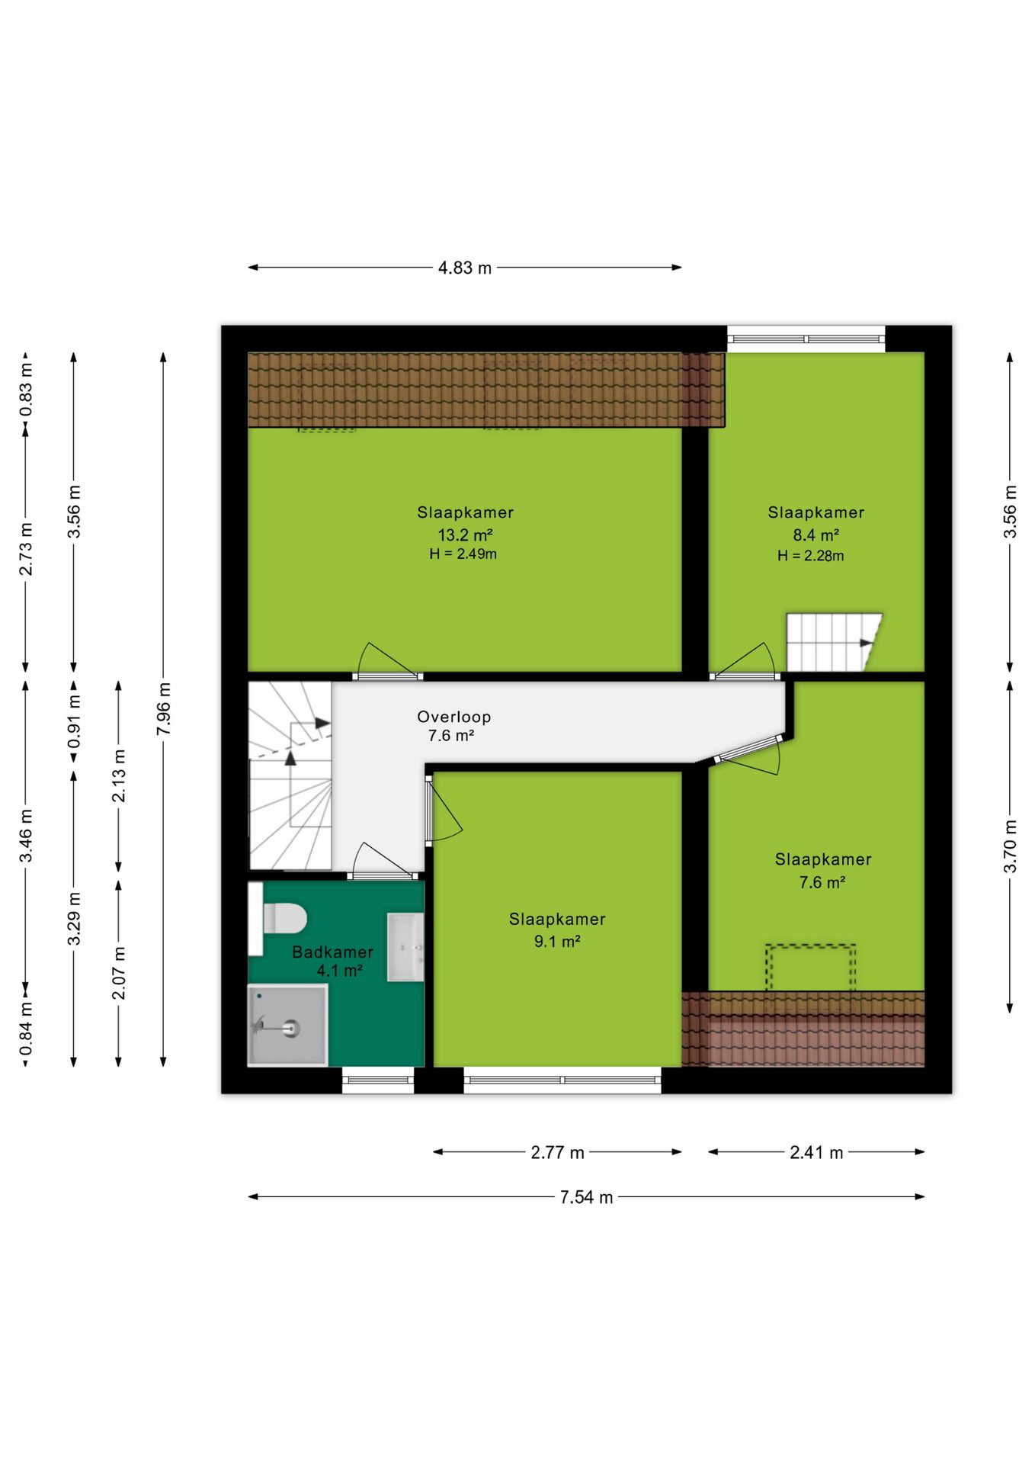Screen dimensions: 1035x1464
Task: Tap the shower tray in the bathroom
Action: [x=287, y=1024]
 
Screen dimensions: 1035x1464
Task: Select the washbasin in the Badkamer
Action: [x=405, y=947]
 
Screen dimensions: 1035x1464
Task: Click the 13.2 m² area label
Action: [x=465, y=535]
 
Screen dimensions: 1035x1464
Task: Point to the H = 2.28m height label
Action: [x=811, y=556]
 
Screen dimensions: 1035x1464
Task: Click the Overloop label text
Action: [x=454, y=717]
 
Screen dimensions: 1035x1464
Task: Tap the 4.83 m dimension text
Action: [x=465, y=268]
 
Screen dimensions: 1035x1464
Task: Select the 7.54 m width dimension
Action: [x=586, y=1197]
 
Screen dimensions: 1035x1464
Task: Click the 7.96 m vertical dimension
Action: [x=164, y=710]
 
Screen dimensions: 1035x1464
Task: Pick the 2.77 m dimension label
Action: [x=557, y=1152]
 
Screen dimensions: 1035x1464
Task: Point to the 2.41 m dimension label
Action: [x=816, y=1152]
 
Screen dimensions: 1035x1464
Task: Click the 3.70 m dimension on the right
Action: [x=1010, y=846]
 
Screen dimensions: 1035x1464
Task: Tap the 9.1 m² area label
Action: [x=557, y=942]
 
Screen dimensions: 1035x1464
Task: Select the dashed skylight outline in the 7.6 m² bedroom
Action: [x=811, y=968]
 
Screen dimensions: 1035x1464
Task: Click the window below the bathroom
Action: [x=378, y=1080]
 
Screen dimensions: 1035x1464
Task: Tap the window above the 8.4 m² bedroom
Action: [x=806, y=339]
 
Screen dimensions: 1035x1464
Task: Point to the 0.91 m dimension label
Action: [x=74, y=721]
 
